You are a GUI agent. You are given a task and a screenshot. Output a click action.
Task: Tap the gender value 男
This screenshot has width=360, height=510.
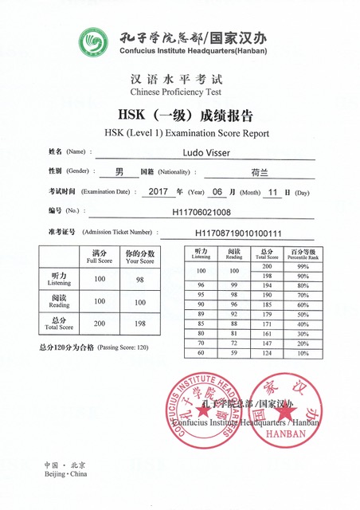coord(119,171)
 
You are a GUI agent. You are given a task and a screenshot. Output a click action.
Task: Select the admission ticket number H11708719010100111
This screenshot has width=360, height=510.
coord(238,233)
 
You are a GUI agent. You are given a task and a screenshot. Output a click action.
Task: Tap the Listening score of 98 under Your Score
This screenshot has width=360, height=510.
coord(139,279)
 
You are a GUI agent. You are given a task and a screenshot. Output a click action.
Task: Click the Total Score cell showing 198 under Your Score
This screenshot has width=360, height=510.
coord(139,324)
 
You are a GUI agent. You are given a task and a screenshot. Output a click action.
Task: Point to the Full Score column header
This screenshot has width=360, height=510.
coord(100,257)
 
